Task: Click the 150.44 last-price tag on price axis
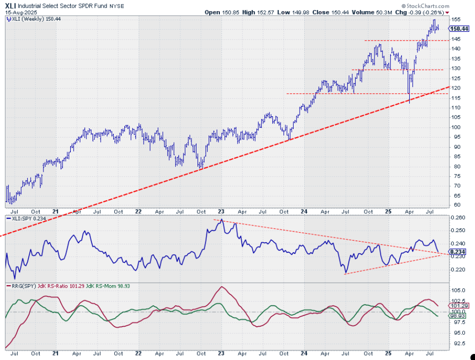click(x=459, y=29)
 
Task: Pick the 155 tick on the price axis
click(x=456, y=19)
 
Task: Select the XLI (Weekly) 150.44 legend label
click(x=31, y=19)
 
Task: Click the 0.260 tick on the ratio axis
click(x=458, y=218)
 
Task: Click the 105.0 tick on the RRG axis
click(x=458, y=290)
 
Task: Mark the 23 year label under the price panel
click(x=221, y=211)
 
